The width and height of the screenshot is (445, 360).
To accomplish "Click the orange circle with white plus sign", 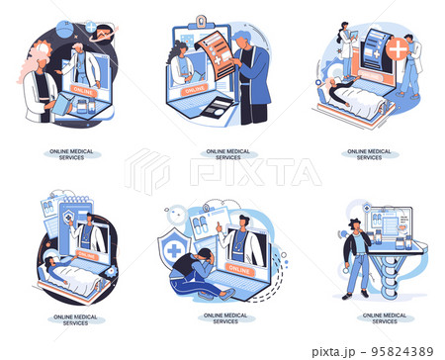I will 398,49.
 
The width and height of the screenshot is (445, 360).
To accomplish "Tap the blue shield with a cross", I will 174,250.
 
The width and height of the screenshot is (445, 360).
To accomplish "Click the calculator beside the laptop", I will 219,105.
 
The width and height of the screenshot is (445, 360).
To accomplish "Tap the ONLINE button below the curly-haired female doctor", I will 188,91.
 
